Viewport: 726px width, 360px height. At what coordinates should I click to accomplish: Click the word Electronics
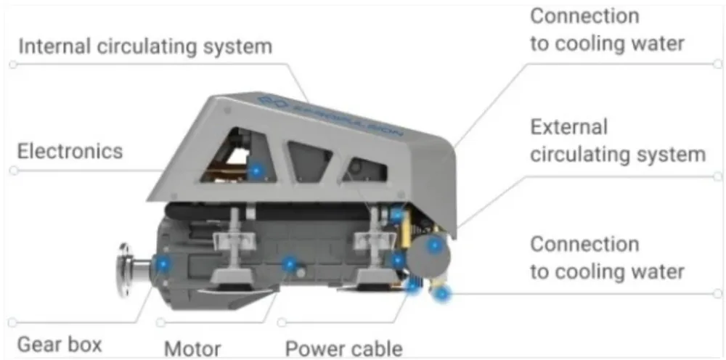(70, 152)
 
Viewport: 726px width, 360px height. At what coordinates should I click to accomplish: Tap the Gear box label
(60, 345)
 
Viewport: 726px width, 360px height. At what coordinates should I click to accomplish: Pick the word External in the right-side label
(568, 127)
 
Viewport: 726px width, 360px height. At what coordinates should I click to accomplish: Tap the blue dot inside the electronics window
(256, 171)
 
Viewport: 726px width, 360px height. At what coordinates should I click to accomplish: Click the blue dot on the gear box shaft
(162, 264)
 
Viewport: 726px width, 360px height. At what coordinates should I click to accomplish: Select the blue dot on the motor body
(290, 264)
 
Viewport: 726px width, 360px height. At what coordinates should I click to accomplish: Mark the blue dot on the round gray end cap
(434, 245)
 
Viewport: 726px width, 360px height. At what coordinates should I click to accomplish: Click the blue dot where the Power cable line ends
(412, 287)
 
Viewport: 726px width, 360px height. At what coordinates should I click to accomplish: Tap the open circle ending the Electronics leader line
(14, 171)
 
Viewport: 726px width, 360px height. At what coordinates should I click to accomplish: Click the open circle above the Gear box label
(12, 322)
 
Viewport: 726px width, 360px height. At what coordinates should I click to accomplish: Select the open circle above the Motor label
(160, 322)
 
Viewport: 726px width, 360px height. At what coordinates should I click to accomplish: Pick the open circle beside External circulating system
(718, 176)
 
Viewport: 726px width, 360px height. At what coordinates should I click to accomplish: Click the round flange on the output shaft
(124, 270)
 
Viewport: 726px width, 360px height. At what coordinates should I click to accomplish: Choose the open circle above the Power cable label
(282, 322)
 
